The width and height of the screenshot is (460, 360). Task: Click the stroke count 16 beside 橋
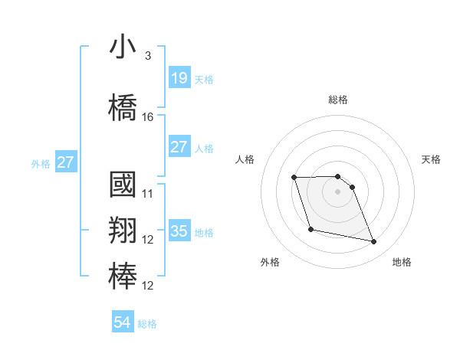coord(148,117)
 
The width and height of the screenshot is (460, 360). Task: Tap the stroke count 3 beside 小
coord(148,56)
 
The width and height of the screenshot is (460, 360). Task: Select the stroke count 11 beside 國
coord(148,194)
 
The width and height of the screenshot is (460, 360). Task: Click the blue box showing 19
coord(179,78)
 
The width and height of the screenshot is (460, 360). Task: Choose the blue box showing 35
coord(179,231)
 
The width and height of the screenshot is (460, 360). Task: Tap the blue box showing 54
coord(123,322)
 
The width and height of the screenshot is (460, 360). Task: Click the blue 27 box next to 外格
coord(66,162)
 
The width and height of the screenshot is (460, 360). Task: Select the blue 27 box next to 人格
coord(179,147)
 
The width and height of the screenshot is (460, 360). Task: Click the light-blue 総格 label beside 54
coord(147,324)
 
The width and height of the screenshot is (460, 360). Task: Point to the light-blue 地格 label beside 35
coord(204,233)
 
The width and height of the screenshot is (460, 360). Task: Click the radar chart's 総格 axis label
coord(338,100)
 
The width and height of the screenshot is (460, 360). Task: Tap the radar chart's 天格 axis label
coord(431,159)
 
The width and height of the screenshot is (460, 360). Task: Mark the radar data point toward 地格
coord(374,242)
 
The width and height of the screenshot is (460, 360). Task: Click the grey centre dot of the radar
coord(338,191)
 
